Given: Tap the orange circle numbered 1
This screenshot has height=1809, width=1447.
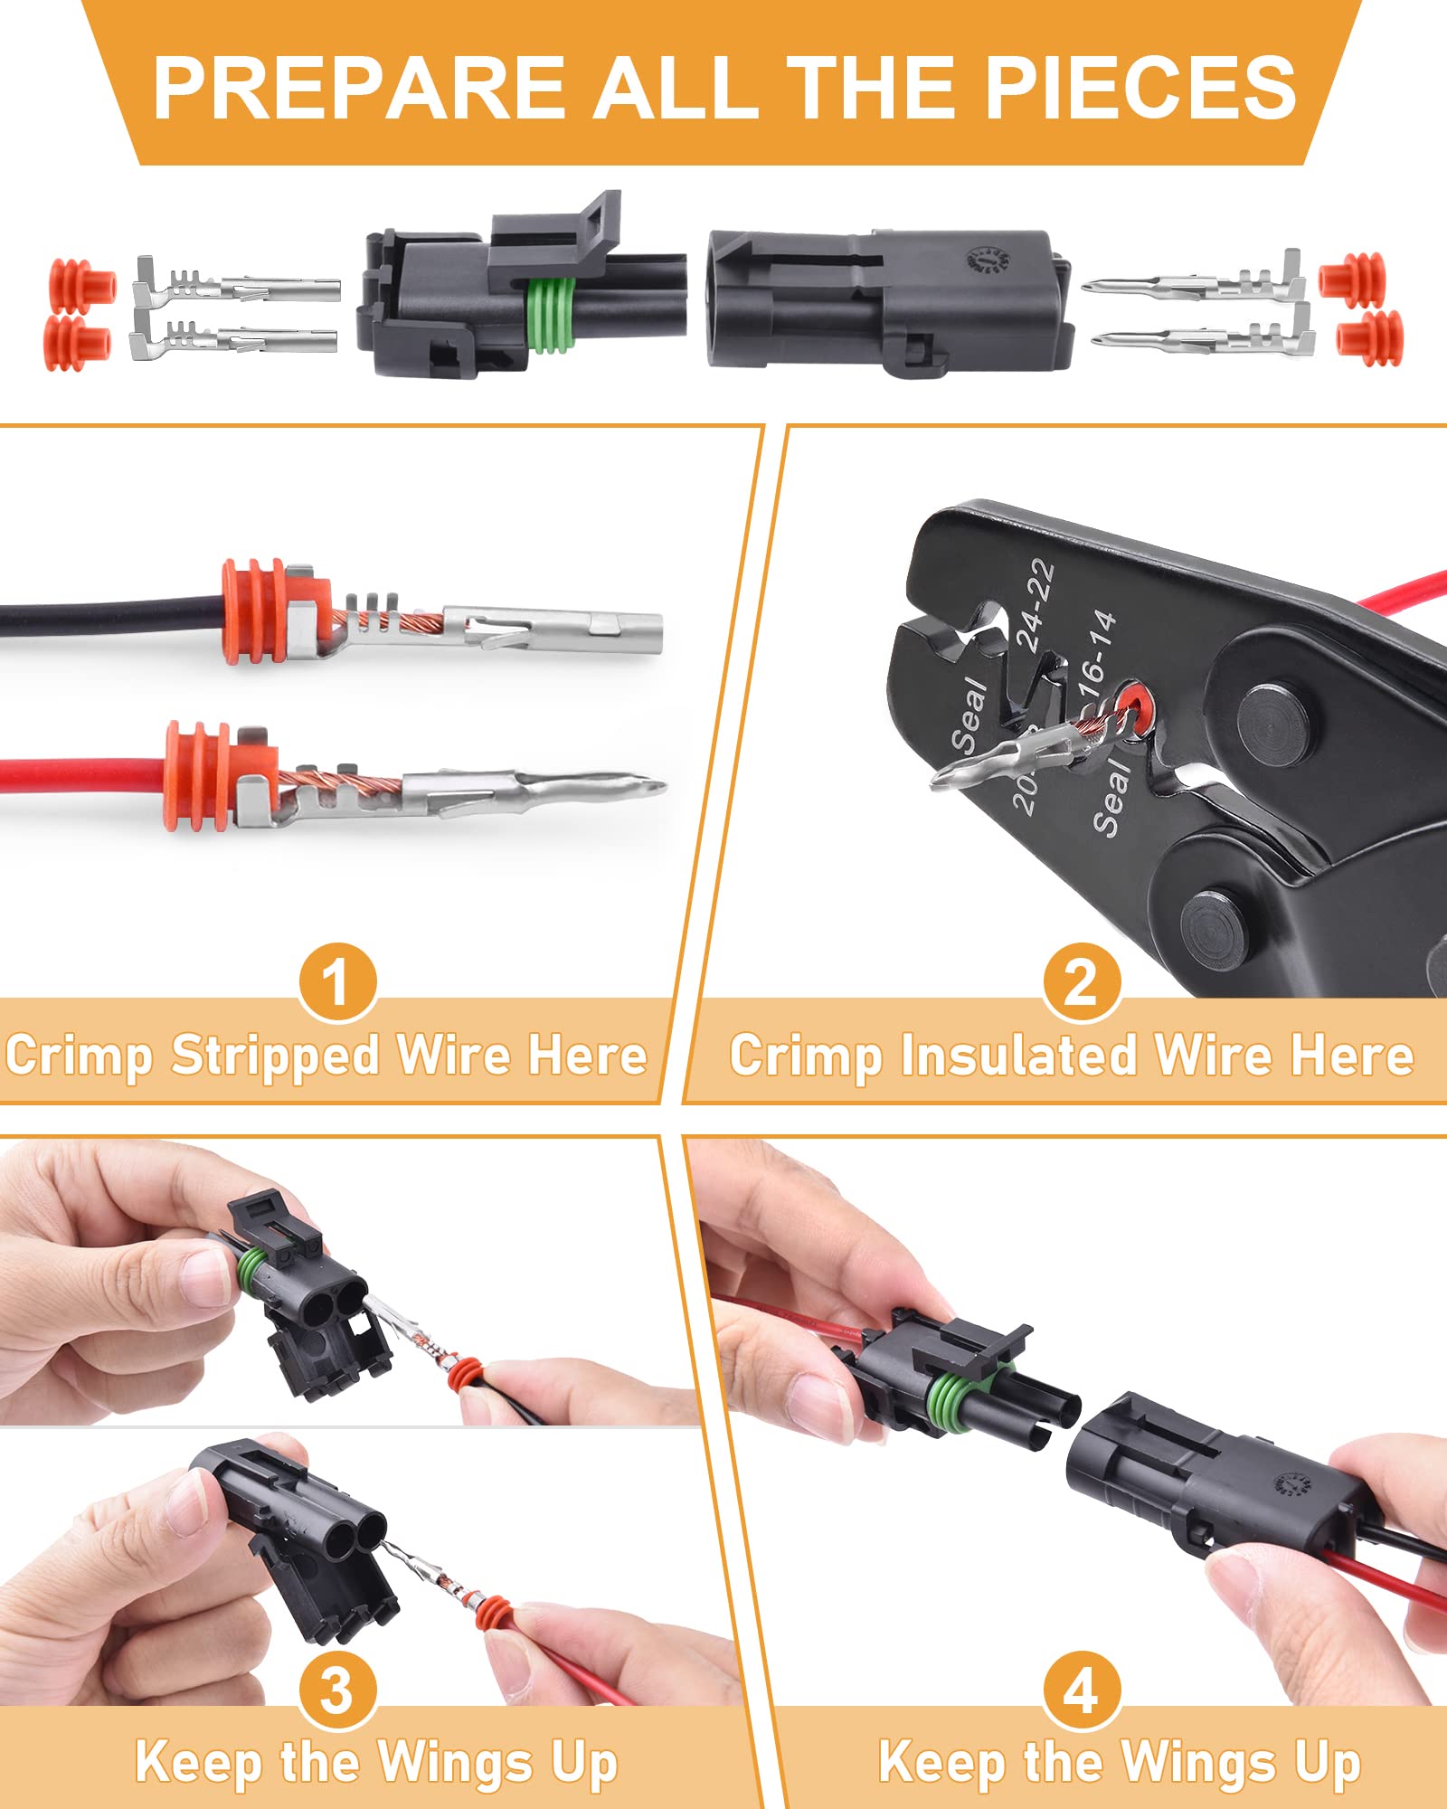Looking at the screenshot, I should pos(337,981).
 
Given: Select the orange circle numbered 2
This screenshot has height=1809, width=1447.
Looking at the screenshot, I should pos(1081,981).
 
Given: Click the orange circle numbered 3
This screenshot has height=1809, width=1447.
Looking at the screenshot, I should pos(337,1690).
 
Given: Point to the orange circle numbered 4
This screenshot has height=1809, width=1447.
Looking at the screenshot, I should pos(1081,1690).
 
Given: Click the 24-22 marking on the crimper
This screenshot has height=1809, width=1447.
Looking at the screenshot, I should pos(1036,604).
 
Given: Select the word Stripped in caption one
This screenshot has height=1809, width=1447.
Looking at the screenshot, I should pos(275,1055).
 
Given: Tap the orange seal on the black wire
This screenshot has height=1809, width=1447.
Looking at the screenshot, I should pos(255,611).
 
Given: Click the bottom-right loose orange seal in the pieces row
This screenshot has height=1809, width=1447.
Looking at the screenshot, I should pos(1371,338).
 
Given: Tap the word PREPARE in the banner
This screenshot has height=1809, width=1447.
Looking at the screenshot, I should pos(357,88).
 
